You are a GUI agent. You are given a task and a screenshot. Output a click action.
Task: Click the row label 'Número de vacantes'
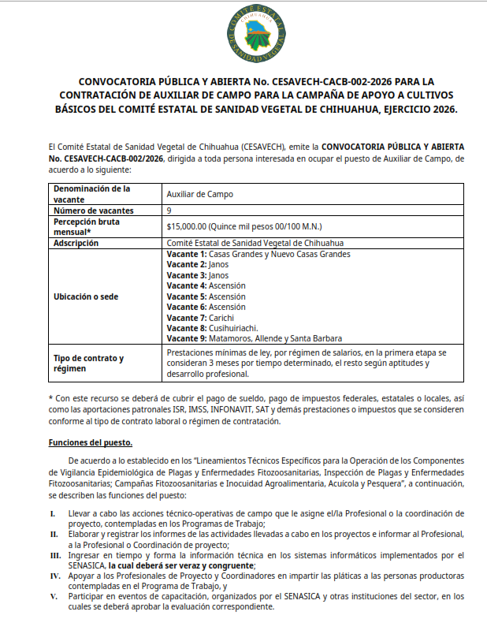click(93, 211)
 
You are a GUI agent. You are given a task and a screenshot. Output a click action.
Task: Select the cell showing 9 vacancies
click(169, 211)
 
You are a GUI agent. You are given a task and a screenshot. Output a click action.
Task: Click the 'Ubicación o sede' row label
click(85, 296)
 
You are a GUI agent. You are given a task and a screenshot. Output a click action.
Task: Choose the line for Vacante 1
click(258, 254)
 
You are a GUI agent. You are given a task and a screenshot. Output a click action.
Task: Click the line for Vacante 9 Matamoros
click(255, 338)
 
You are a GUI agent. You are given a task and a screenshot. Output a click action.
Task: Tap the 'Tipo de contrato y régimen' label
click(88, 364)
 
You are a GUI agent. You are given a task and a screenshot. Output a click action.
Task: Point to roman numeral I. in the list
click(52, 513)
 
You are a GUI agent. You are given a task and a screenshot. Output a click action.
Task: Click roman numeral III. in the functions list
click(54, 555)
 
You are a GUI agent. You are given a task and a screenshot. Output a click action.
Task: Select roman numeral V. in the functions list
click(54, 597)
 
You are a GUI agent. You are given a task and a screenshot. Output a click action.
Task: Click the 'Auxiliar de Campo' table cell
click(199, 194)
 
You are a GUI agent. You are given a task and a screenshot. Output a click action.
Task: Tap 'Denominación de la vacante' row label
click(91, 194)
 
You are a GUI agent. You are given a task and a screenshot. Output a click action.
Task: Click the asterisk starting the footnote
click(50, 399)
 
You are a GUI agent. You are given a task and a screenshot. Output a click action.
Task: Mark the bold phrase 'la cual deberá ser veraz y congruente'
click(182, 566)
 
